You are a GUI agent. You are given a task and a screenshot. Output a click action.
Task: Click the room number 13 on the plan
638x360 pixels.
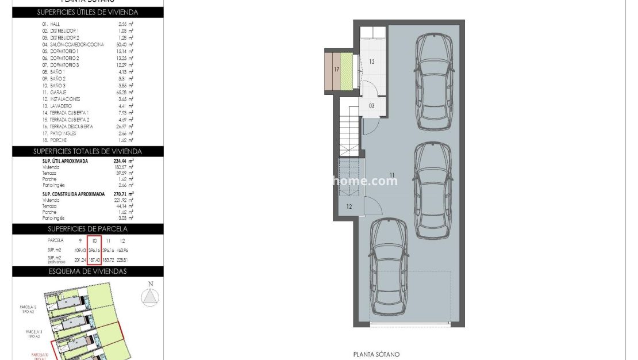372,62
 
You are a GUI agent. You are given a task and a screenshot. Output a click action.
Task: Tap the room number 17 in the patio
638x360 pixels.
337,70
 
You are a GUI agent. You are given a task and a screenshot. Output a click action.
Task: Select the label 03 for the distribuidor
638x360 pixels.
372,105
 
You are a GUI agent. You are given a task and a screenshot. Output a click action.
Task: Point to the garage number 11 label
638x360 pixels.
392,175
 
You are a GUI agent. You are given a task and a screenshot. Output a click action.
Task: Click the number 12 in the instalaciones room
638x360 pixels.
349,206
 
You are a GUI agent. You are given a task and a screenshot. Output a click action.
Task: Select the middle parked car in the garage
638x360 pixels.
433,190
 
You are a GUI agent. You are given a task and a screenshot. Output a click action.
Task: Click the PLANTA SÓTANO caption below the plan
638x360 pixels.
376,354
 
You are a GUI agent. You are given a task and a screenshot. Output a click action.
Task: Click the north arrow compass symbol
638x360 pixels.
150,296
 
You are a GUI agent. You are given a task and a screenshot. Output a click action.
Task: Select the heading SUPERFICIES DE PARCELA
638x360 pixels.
88,228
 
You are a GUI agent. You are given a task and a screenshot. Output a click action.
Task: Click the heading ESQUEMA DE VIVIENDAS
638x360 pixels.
88,271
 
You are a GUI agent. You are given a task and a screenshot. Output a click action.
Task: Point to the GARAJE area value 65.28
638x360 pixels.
123,92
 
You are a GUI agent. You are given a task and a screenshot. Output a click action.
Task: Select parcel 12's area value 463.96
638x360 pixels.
122,250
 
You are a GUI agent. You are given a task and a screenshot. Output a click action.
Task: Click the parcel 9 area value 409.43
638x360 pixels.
80,250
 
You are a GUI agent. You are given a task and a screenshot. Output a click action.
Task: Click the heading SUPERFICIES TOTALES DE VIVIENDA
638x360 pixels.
88,151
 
